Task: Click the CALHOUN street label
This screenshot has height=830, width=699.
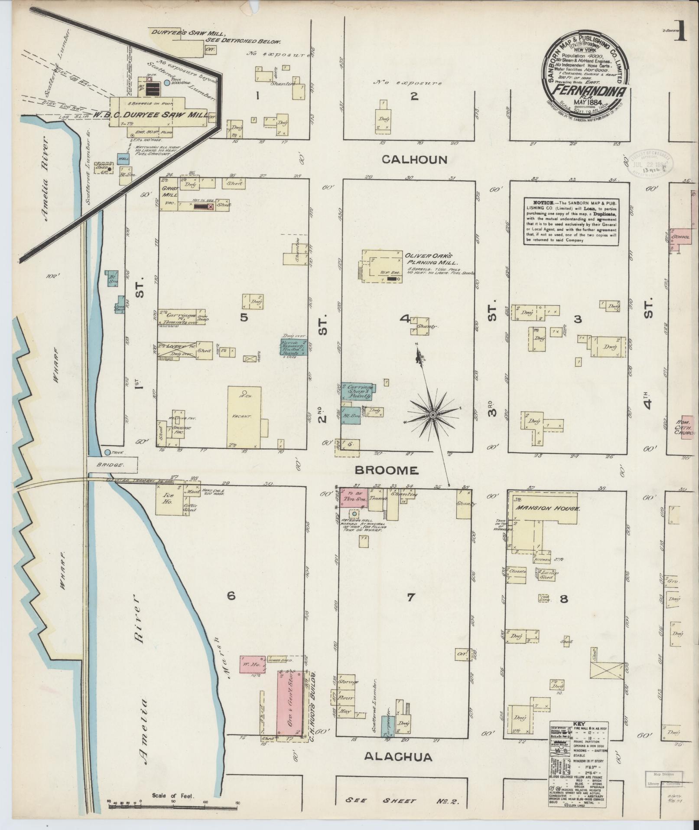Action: (414, 160)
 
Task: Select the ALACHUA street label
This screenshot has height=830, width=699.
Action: (398, 758)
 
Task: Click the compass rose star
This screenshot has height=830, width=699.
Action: (432, 416)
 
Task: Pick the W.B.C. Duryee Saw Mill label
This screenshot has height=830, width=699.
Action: (150, 115)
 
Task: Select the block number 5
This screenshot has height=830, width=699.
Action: (244, 318)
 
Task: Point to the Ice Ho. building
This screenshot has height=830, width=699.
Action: (168, 499)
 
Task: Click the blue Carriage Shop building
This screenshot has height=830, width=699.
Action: (358, 391)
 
